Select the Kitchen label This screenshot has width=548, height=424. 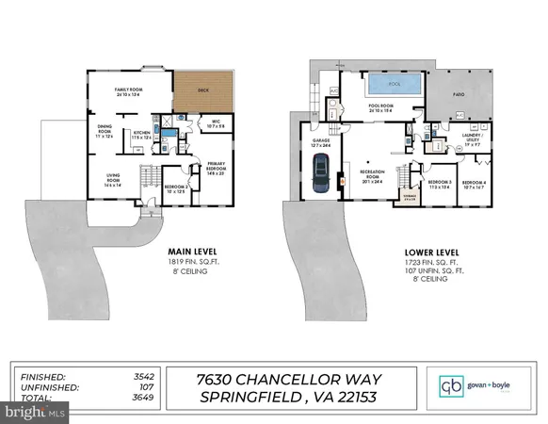click(141, 135)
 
